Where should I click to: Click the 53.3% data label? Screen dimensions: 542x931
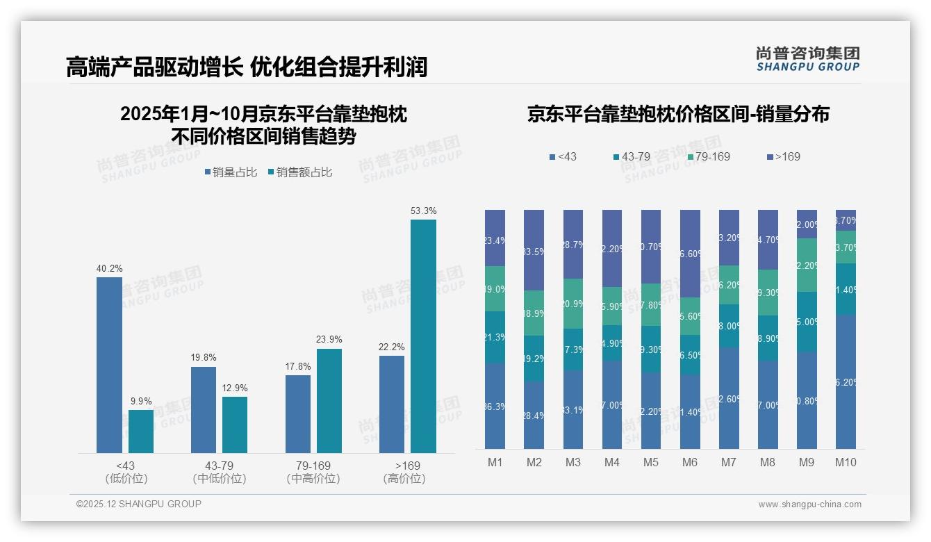423,211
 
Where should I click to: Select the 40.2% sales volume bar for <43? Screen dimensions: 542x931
109,365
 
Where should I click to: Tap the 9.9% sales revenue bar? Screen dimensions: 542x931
141,431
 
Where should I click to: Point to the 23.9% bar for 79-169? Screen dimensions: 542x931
329,400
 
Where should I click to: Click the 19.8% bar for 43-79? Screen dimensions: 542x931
204,410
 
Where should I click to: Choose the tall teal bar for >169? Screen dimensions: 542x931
423,336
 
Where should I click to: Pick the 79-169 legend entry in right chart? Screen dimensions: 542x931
708,156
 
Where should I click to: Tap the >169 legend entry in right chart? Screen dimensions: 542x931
783,156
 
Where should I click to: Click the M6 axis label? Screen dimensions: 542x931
690,462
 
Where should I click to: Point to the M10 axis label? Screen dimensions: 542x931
845,462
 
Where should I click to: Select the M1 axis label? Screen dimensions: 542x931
495,462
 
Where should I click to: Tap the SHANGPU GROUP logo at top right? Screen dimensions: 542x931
807,58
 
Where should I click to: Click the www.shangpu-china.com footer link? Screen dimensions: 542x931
809,504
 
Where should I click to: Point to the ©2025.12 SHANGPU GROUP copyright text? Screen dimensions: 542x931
139,504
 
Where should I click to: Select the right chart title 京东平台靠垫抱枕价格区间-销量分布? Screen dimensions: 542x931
678,115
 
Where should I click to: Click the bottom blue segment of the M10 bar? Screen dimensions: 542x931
846,381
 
